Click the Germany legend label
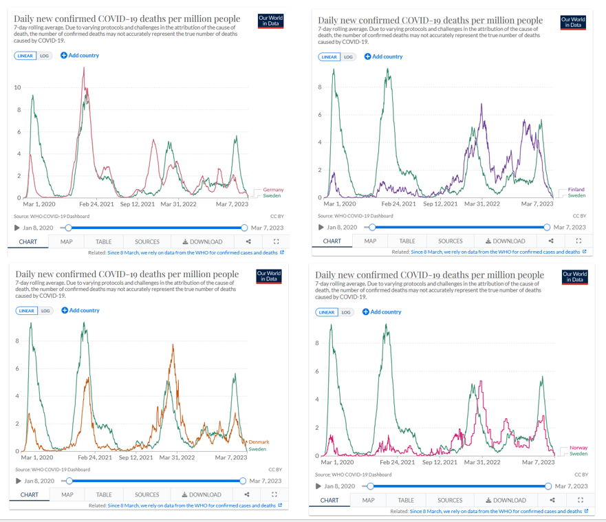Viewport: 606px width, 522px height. tap(273, 190)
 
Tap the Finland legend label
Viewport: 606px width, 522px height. tap(576, 190)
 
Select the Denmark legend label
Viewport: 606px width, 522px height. tap(259, 442)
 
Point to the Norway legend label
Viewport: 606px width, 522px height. tap(578, 448)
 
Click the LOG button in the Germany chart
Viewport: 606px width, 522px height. tap(45, 56)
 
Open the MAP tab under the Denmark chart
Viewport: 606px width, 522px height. tap(67, 494)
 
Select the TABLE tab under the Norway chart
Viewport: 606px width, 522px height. tap(406, 500)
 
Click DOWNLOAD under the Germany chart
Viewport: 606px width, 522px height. tap(203, 241)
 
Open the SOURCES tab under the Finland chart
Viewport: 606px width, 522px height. tap(451, 241)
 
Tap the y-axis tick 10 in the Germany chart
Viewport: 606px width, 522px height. tap(18, 87)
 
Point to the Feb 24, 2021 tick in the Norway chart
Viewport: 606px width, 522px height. tap(398, 462)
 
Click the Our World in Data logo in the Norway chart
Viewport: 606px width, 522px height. tap(575, 277)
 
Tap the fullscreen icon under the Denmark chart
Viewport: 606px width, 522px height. tap(274, 494)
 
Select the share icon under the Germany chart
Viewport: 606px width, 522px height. tap(248, 241)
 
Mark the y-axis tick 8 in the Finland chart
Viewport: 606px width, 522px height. tap(320, 87)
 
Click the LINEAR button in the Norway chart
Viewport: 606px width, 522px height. tap(327, 312)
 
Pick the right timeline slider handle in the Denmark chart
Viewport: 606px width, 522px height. tap(244, 481)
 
